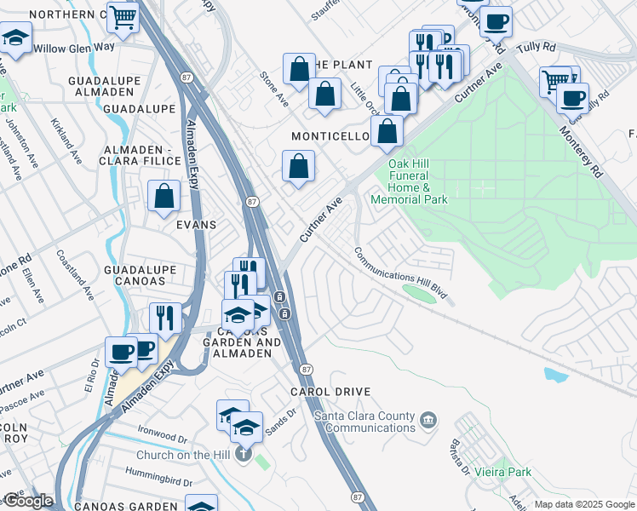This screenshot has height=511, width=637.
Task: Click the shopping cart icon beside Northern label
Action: coord(124,16)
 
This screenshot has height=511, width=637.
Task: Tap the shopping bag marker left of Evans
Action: coord(164,197)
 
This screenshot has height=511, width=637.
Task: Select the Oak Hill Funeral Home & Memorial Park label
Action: coord(418,181)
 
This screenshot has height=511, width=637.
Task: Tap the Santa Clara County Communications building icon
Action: coord(428,418)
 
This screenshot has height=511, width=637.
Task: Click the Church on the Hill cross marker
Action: coord(243,455)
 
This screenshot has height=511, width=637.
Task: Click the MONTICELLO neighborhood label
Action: coord(330,136)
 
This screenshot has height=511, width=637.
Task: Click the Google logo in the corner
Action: coord(27,501)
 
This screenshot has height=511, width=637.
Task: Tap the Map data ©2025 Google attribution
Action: coord(583,504)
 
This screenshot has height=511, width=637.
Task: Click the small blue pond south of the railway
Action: coord(556,374)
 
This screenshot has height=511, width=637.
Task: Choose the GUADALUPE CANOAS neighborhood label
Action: coord(140,275)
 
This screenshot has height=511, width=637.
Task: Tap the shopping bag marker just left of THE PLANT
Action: coord(300,71)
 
